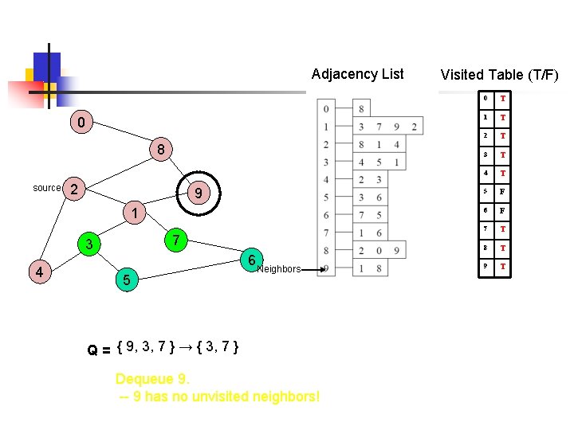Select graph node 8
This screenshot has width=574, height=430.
(160, 150)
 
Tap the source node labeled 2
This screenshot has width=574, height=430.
(73, 189)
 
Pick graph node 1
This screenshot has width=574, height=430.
(136, 213)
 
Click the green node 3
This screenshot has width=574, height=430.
(90, 244)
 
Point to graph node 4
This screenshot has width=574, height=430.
(38, 272)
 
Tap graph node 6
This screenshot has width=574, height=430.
(250, 260)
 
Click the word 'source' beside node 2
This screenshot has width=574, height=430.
(47, 188)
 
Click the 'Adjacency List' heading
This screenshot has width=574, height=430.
(357, 74)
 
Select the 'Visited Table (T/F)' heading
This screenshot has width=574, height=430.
(499, 75)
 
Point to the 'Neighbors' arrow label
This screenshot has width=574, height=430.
(279, 269)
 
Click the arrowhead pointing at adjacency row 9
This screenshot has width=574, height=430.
(322, 269)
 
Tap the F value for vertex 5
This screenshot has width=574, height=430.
(503, 191)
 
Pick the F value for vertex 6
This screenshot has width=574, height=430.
(503, 210)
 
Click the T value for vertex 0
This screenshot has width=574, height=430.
(503, 98)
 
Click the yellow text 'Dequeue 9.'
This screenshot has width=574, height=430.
(152, 378)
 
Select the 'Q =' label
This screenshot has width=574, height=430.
(99, 350)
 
